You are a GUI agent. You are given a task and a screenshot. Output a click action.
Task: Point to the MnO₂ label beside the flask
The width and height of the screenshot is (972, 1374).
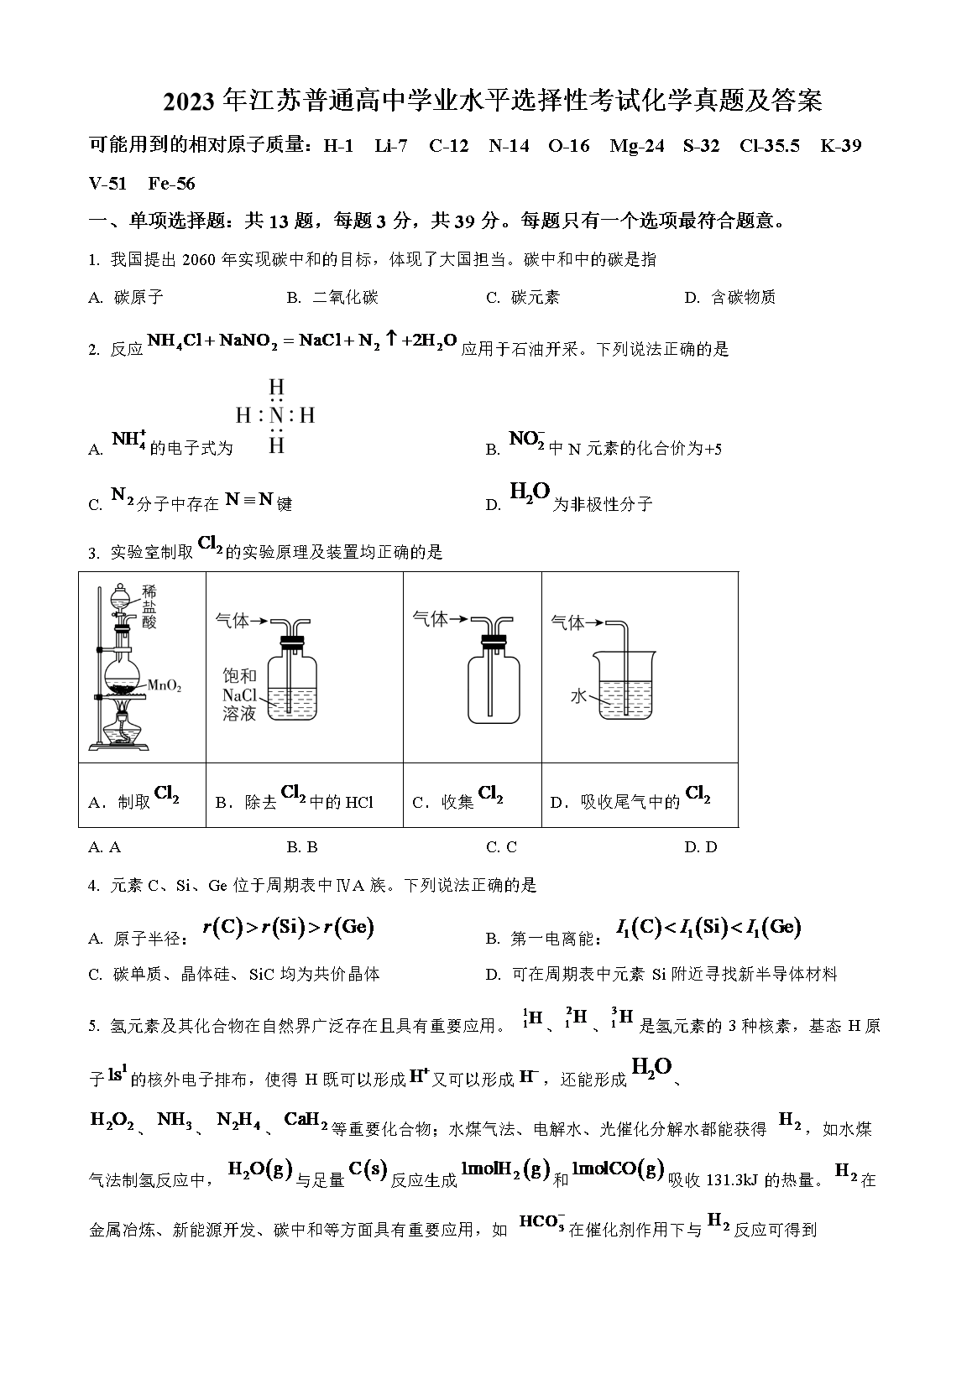[x=165, y=686]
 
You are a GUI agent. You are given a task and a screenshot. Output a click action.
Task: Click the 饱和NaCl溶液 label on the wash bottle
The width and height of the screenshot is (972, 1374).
[x=239, y=695]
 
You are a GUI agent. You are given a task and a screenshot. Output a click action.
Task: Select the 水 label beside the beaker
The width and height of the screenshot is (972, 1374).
[x=578, y=695]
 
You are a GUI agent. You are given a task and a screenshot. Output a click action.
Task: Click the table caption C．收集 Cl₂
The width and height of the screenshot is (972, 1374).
[x=458, y=799]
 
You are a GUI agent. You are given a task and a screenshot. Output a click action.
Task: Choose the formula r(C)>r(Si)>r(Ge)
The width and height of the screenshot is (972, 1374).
[x=288, y=927]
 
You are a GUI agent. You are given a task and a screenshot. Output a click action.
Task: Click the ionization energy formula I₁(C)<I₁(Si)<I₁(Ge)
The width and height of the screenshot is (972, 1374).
[x=708, y=927]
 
